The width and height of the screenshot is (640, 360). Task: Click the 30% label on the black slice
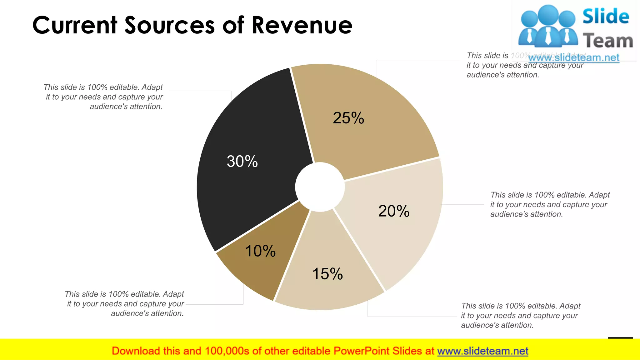(x=242, y=162)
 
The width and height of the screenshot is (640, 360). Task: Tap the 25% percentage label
(x=348, y=118)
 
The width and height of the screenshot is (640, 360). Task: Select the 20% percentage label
(x=394, y=211)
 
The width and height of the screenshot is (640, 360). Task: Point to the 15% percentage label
(x=327, y=274)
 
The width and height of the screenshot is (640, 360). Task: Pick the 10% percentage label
(x=260, y=251)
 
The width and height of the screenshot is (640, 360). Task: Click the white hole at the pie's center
(x=320, y=187)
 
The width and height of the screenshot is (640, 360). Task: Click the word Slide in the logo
(x=606, y=16)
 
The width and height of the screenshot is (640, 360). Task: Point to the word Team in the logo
(x=608, y=41)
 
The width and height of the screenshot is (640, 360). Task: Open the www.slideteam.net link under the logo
(x=574, y=57)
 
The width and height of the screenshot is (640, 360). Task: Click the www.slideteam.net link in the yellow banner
(x=482, y=351)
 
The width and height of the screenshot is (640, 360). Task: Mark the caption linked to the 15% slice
(x=520, y=315)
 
